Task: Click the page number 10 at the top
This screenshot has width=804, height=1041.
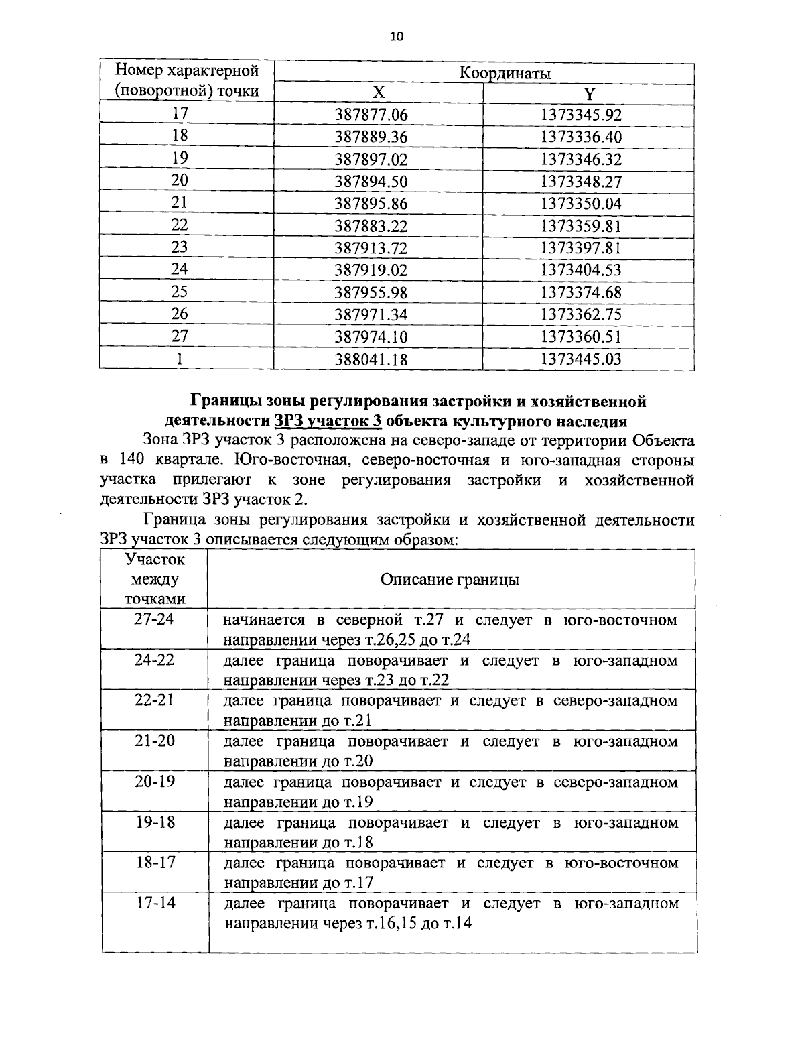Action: pos(397,37)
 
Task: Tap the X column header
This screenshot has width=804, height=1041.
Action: pos(379,93)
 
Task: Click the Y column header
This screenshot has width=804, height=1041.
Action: pos(588,93)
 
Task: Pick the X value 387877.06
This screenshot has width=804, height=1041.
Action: pos(371,115)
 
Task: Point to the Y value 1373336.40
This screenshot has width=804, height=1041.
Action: pos(581,137)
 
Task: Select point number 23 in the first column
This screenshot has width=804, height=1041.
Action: pos(180,247)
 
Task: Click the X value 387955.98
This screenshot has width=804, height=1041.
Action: pos(371,293)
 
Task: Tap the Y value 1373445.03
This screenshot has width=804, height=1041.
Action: pos(581,359)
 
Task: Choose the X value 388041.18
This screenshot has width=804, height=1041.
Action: pos(371,359)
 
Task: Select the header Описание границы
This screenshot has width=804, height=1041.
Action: pos(450,580)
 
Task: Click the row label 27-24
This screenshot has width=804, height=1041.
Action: pos(154,619)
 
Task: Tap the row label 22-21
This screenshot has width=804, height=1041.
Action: pos(154,700)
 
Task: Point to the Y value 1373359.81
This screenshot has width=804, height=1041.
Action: pos(581,227)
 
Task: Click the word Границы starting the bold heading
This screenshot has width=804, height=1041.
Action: pos(224,402)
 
